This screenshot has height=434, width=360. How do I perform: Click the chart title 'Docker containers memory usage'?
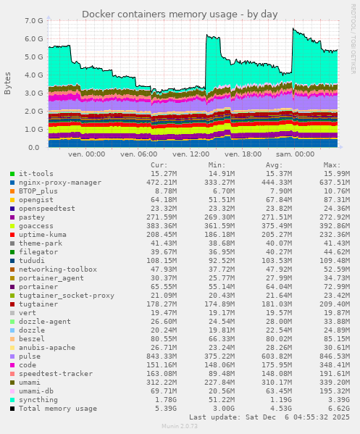click(x=180, y=14)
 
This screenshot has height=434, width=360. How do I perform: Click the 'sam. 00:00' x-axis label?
click(x=293, y=154)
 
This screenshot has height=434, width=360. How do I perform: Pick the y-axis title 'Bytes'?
click(x=8, y=83)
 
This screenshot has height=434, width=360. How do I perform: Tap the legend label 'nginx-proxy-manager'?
click(x=60, y=183)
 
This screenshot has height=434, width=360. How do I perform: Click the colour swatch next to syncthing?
click(x=12, y=400)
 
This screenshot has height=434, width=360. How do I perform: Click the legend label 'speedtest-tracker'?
click(x=55, y=374)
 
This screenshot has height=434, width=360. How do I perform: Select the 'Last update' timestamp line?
click(x=269, y=417)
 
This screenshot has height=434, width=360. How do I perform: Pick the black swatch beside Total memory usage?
click(x=12, y=409)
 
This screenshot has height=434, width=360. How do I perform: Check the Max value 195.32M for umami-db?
click(x=334, y=391)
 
